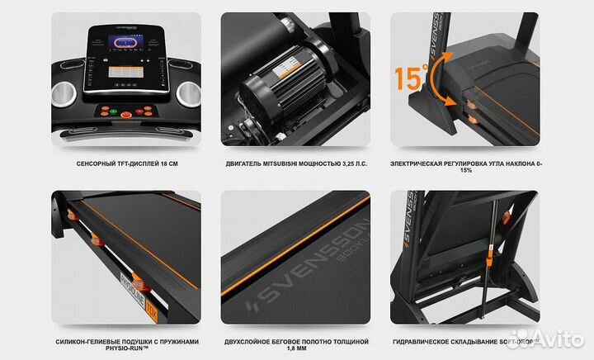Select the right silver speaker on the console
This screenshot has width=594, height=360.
(189, 93)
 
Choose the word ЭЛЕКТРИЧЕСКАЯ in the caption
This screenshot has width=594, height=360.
(423, 163)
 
